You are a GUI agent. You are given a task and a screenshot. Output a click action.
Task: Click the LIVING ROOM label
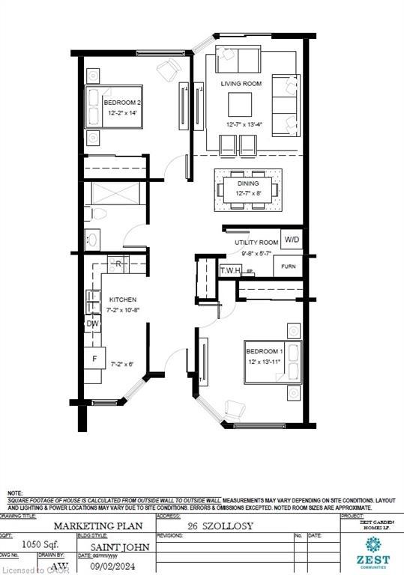(241, 85)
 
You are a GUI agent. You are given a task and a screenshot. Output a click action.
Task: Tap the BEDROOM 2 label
(120, 103)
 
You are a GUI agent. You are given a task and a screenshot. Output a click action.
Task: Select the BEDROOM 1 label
(265, 352)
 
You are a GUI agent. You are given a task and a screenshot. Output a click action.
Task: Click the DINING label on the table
(248, 183)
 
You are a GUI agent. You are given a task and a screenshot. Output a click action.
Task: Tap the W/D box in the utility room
(291, 240)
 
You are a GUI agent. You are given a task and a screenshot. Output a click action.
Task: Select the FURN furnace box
(288, 266)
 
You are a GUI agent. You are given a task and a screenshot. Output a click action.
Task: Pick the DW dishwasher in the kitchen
(93, 324)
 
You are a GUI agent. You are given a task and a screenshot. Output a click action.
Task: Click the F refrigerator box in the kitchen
(94, 359)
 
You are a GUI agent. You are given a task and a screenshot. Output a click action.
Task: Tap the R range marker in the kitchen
(118, 264)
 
